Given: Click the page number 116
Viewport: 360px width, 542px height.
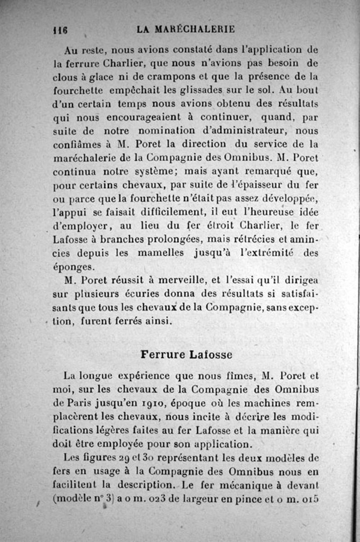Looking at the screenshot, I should coord(60,30).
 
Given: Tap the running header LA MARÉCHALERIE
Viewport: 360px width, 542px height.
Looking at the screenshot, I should coord(186,29).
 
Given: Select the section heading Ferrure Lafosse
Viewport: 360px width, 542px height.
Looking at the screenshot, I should coord(186,354).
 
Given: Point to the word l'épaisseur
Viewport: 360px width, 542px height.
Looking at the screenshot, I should coord(259,185).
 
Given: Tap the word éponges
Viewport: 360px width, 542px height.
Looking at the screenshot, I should coord(74,267).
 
